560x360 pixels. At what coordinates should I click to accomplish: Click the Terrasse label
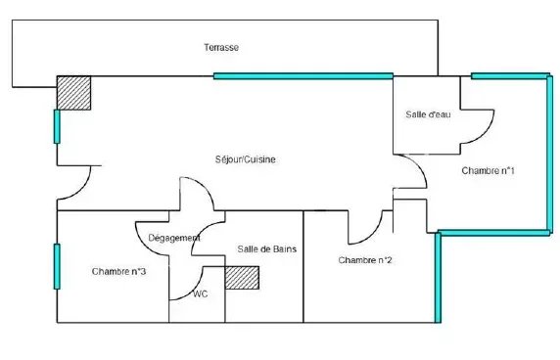221,48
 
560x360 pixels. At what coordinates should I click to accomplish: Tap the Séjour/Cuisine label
246,159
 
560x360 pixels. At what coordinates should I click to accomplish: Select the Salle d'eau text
428,114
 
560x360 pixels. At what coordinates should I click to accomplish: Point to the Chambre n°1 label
488,171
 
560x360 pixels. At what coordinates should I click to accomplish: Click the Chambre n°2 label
364,260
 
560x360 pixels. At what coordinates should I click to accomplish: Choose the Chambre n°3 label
118,272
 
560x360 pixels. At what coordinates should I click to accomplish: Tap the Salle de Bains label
267,249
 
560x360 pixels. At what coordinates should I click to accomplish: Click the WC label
201,294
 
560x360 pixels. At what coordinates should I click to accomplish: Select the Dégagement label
174,238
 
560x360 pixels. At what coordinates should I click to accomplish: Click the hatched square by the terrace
74,93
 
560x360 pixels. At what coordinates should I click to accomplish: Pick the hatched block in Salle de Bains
242,278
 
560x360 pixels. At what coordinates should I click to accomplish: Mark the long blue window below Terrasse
303,76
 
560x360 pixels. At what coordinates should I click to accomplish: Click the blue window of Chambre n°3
57,266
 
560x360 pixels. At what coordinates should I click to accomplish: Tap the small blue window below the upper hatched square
57,126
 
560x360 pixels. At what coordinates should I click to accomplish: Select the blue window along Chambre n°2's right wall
438,278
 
